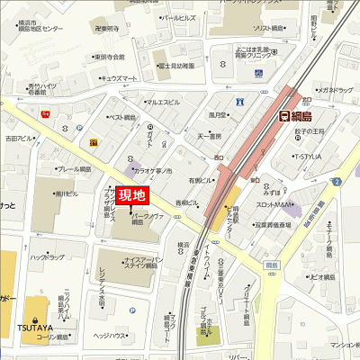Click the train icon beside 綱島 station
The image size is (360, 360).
(284, 115)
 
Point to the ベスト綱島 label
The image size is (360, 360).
(122, 117)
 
